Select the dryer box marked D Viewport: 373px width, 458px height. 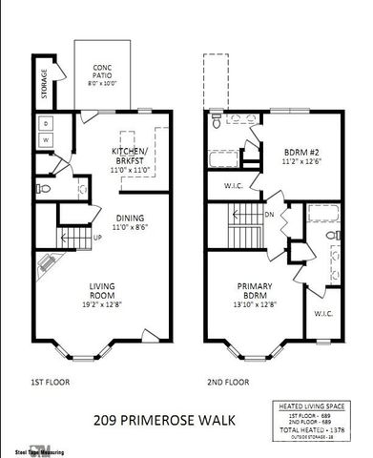pyautogui.click(x=46, y=124)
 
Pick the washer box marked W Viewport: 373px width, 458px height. pyautogui.click(x=46, y=141)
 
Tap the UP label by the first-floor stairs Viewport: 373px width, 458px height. pyautogui.click(x=97, y=237)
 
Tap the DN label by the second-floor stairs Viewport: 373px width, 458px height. pyautogui.click(x=271, y=215)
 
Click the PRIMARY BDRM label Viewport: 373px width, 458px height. pyautogui.click(x=255, y=290)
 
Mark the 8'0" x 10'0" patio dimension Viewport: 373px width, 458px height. pyautogui.click(x=104, y=83)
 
